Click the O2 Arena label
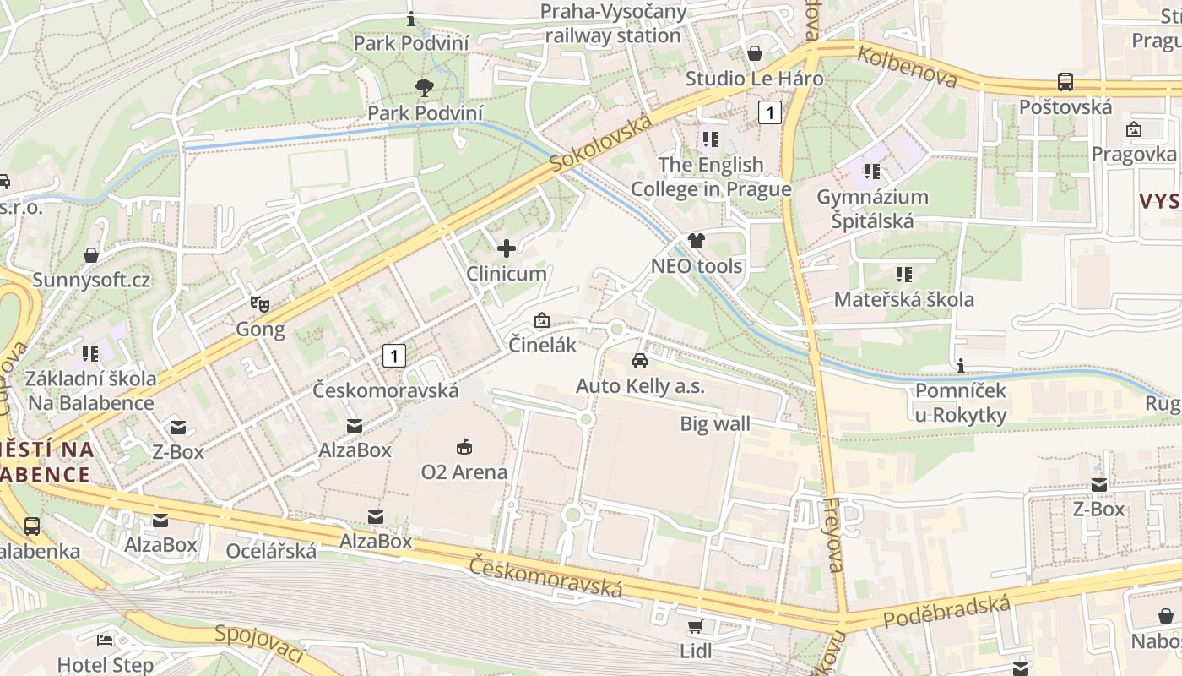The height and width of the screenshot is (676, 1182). click(464, 472)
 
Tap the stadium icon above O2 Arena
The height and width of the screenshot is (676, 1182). click(464, 445)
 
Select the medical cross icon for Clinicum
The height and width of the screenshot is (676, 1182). click(507, 248)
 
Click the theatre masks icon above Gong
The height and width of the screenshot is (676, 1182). click(260, 303)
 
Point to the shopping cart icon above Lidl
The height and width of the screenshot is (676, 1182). click(695, 626)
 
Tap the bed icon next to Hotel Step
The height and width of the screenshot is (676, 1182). click(105, 640)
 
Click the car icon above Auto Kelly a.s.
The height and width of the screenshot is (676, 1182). click(640, 360)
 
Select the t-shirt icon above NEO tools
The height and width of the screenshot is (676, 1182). click(696, 240)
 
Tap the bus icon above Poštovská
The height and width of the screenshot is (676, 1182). click(1065, 82)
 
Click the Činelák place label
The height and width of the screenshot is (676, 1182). click(542, 345)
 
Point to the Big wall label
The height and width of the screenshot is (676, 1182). click(715, 423)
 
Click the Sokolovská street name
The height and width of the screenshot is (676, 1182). click(601, 144)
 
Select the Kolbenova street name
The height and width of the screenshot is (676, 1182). click(908, 67)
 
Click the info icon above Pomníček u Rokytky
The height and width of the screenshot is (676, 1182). click(960, 365)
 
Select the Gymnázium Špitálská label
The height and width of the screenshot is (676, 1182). click(872, 209)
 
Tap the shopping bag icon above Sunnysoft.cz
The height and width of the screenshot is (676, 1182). click(91, 254)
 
